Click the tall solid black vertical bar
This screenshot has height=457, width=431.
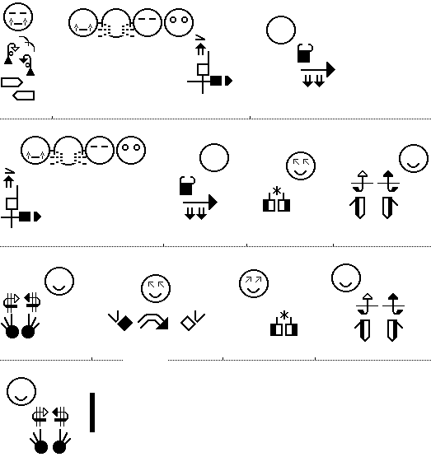pyautogui.click(x=92, y=412)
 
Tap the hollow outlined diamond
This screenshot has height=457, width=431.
pyautogui.click(x=188, y=324)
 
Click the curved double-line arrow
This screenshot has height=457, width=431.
pyautogui.click(x=153, y=321)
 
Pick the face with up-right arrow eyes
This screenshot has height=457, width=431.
pyautogui.click(x=254, y=283)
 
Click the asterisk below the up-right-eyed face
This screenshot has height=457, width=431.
pyautogui.click(x=284, y=315)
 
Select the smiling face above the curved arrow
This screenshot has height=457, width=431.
pyautogui.click(x=156, y=288)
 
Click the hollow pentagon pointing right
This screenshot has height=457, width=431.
pyautogui.click(x=12, y=82)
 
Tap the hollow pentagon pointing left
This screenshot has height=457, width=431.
pyautogui.click(x=24, y=96)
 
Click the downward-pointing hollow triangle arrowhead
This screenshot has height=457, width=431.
pyautogui.click(x=15, y=49)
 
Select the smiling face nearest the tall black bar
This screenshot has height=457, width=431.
pyautogui.click(x=21, y=391)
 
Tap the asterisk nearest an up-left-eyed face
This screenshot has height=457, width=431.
pyautogui.click(x=277, y=191)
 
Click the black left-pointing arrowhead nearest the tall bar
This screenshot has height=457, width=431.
pyautogui.click(x=55, y=413)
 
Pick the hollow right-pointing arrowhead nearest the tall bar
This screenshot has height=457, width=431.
pyautogui.click(x=45, y=413)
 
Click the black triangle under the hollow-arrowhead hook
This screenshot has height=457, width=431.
pyautogui.click(x=8, y=61)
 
